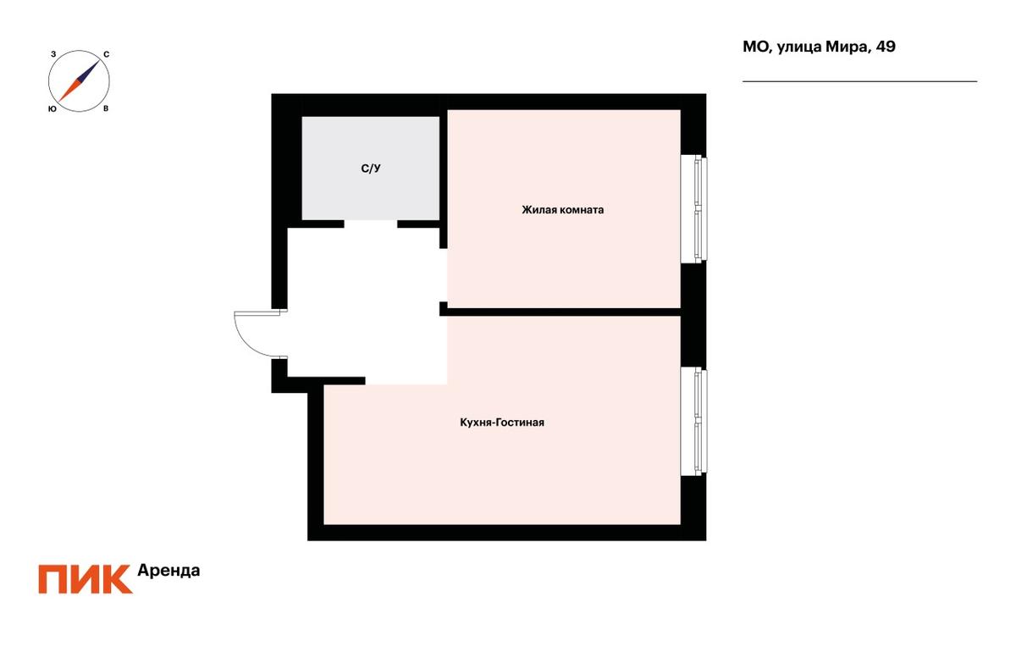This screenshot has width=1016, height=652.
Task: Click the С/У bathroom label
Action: click(x=371, y=169)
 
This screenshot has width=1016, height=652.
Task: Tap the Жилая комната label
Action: click(x=562, y=210)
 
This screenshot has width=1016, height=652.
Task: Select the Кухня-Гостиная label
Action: click(x=502, y=423)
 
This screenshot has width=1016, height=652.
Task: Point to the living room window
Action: click(x=694, y=209)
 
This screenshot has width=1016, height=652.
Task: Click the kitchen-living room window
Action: click(x=694, y=421)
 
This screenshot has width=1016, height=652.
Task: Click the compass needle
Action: click(x=79, y=80)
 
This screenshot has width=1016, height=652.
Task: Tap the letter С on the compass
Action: click(x=106, y=55)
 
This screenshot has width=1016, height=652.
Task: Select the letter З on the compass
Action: click(x=53, y=54)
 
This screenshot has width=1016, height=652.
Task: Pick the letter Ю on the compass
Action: click(x=52, y=109)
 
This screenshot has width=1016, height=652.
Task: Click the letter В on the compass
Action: click(x=106, y=109)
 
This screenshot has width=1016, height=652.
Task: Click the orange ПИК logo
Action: click(x=86, y=579)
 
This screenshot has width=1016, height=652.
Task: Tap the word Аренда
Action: click(x=168, y=571)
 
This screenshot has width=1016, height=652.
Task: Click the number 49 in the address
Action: click(x=886, y=47)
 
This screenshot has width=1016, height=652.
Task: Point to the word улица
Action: click(x=798, y=47)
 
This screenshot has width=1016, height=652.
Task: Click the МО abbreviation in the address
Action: click(x=756, y=47)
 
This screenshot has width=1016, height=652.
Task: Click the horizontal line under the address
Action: click(x=860, y=81)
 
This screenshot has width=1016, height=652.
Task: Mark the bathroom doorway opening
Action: click(x=371, y=224)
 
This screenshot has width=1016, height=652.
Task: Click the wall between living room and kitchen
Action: click(x=560, y=312)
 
